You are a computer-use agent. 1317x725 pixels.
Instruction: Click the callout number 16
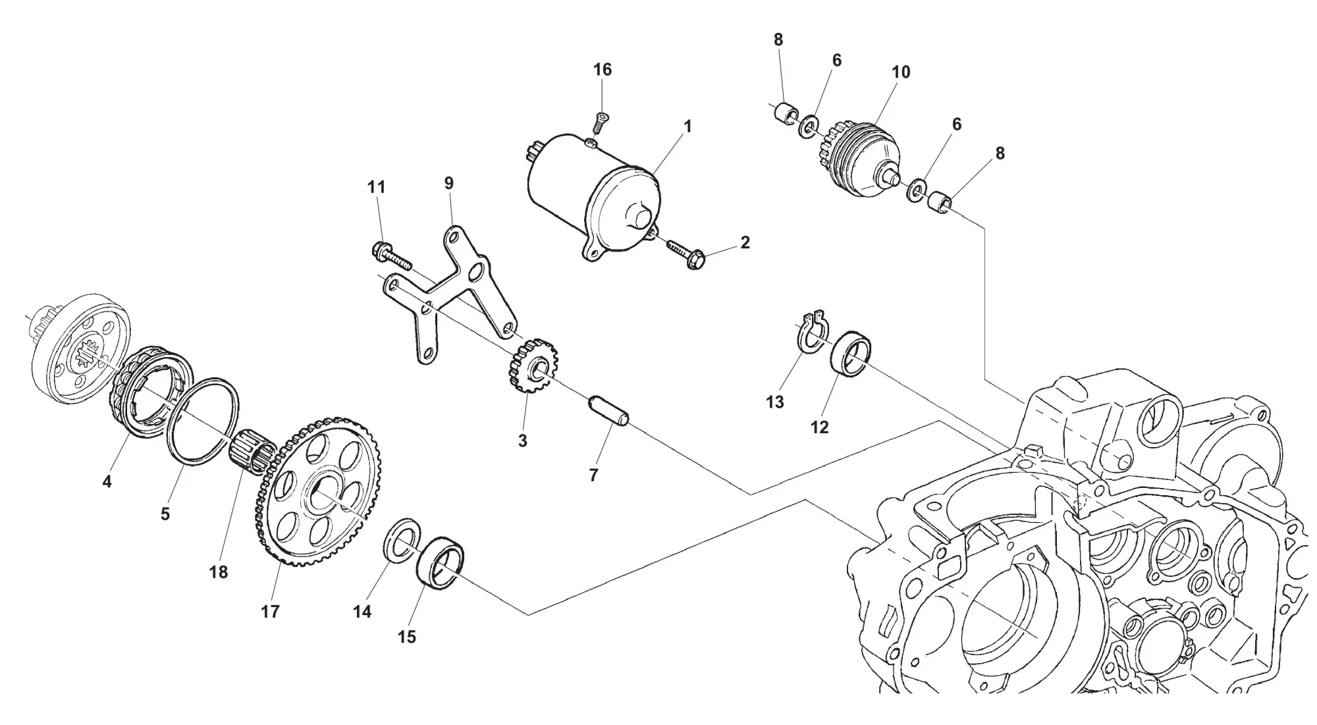point(603,70)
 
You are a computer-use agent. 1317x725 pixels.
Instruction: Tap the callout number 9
point(449,183)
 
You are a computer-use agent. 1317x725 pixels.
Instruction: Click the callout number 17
point(270,612)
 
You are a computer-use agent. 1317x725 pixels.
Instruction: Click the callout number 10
point(901,72)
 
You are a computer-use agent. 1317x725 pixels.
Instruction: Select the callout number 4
point(107,481)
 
